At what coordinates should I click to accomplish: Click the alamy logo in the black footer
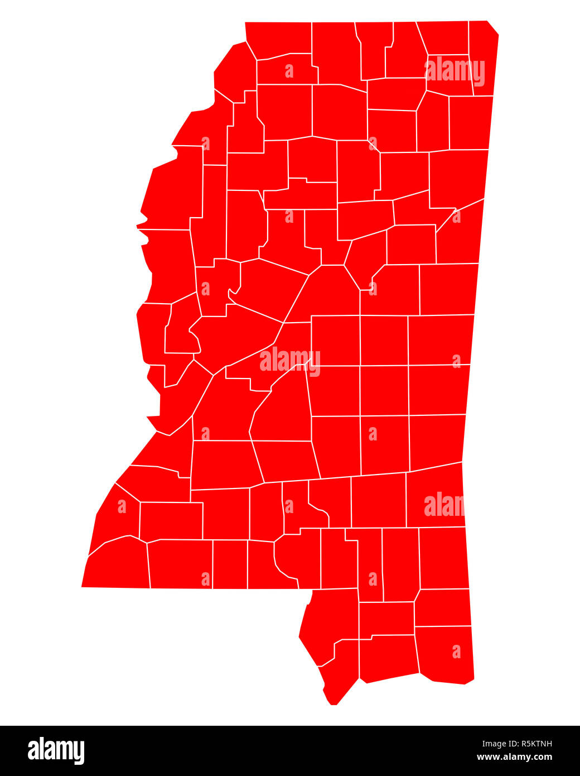coord(56,750)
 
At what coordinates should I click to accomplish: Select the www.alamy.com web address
coord(514,757)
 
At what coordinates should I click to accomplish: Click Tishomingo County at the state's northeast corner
coord(483,59)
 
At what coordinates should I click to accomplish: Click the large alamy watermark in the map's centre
coord(289,360)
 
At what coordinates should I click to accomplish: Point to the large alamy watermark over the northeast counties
coord(455,71)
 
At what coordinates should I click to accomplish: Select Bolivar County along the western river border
coord(173,190)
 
